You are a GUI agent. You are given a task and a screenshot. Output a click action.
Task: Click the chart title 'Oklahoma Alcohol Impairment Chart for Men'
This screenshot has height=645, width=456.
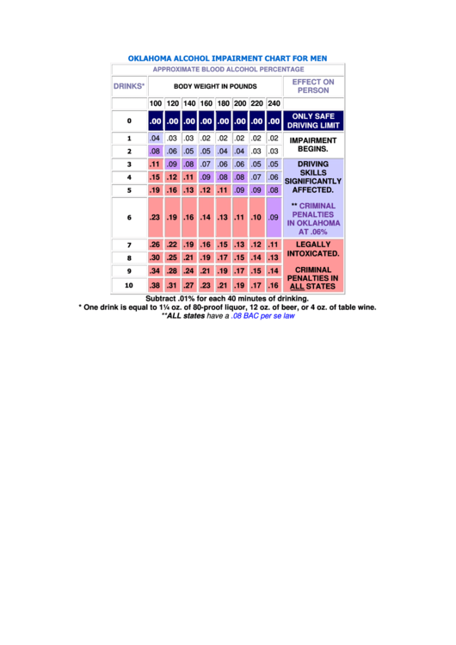227,59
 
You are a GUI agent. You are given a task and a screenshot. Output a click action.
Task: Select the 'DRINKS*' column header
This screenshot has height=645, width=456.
129,86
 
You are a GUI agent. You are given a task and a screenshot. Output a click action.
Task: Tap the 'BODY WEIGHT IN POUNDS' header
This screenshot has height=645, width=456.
215,87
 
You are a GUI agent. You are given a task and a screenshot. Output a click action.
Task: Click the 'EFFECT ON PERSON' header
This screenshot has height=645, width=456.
313,86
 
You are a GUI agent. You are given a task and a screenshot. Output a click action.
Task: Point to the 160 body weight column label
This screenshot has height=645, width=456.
206,104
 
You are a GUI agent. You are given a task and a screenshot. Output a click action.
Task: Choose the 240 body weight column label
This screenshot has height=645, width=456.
274,104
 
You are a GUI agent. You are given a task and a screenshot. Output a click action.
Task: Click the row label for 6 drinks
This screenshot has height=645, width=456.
129,218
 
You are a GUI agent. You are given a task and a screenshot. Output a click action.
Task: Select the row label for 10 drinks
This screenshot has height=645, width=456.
129,285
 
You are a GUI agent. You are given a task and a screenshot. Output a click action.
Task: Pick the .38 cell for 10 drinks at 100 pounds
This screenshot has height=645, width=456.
155,285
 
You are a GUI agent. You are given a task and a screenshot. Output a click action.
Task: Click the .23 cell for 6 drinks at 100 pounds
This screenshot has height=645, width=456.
155,218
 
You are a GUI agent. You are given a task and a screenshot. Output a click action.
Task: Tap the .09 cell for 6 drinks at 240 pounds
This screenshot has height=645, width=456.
274,218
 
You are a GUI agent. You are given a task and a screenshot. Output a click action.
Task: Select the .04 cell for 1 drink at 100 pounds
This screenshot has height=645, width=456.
155,138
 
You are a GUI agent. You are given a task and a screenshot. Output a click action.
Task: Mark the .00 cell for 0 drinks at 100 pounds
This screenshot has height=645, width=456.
155,121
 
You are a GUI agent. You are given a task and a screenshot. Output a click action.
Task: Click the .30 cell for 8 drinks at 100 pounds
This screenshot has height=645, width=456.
155,257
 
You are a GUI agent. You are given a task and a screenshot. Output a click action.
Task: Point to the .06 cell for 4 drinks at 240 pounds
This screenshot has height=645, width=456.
274,177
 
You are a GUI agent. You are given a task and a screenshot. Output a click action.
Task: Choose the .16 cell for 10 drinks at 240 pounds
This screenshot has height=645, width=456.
274,285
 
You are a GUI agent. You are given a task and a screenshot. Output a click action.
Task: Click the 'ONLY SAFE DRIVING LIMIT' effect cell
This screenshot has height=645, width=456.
313,121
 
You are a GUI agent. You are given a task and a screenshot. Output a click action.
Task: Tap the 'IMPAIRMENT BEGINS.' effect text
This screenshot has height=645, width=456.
313,144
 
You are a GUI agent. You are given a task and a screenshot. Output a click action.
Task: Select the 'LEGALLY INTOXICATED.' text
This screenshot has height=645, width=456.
313,249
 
